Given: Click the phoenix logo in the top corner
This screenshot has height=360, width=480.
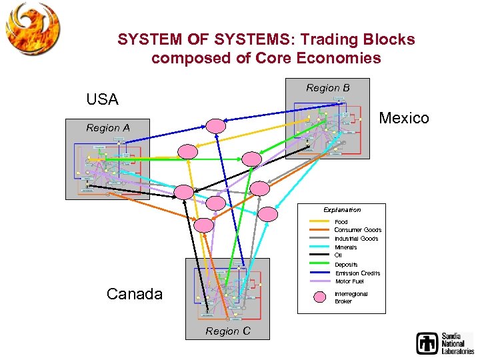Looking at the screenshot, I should click(x=32, y=28).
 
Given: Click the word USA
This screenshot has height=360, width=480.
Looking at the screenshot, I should click(x=102, y=100).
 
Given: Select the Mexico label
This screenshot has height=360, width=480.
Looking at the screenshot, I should click(x=404, y=119).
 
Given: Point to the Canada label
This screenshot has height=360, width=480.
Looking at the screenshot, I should click(x=135, y=294).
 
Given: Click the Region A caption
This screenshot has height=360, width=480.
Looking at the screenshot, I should click(x=108, y=128).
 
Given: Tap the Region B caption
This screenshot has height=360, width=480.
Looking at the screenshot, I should click(x=327, y=88).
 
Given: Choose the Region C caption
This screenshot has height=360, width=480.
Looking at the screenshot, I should click(x=228, y=331).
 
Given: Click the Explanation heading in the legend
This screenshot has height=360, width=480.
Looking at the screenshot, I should click(x=342, y=210).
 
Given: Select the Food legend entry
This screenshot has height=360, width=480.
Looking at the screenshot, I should click(x=341, y=222).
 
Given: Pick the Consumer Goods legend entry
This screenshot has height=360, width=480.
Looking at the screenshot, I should click(x=357, y=230).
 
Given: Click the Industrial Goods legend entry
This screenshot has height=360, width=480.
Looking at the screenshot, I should click(x=356, y=239).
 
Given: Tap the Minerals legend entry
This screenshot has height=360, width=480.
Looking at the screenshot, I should click(x=345, y=247).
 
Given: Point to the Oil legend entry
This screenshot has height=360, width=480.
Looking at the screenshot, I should click(x=338, y=255).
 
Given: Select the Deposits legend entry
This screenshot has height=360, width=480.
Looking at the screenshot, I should click(x=346, y=265).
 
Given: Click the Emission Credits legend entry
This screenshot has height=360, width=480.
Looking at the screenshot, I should click(x=357, y=273).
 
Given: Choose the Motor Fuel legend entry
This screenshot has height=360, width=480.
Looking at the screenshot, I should click(x=349, y=281).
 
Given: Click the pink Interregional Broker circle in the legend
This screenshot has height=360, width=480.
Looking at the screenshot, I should click(x=321, y=297).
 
